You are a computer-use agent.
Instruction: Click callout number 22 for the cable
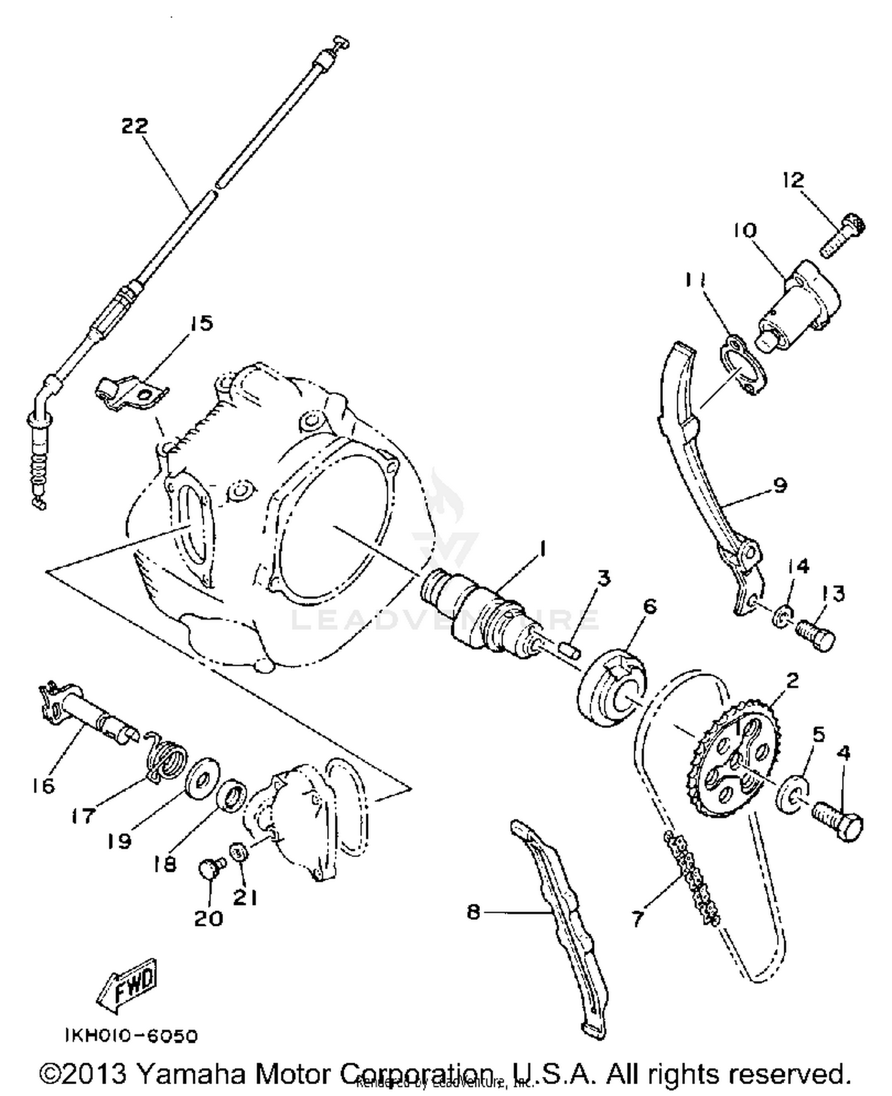point(134,126)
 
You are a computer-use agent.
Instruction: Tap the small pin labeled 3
point(569,646)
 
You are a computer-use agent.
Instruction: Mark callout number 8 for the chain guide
point(473,911)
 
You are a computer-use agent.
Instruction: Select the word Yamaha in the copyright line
point(191,1073)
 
